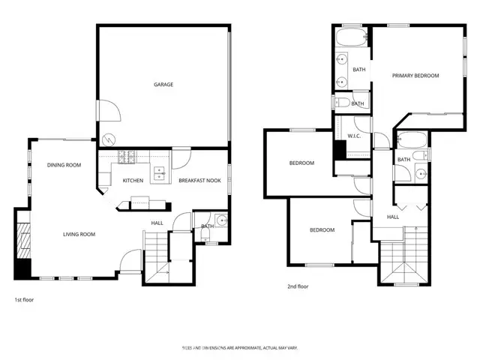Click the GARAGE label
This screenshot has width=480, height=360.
point(163,85)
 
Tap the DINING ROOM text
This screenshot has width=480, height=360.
point(63,165)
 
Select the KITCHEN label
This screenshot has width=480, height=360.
point(133,181)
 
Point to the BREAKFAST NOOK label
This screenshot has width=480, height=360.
point(199,181)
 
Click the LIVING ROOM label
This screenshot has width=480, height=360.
point(78,235)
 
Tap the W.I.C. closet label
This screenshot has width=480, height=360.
point(355,136)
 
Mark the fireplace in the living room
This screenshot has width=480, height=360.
point(22,242)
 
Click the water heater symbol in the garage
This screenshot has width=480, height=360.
point(109,139)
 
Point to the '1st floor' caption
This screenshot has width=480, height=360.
point(25,299)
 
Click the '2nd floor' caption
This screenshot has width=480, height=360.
point(298,286)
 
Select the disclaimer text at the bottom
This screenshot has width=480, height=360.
point(239,348)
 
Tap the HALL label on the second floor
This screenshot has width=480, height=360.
point(393,217)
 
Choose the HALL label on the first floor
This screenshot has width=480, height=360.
point(157,223)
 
